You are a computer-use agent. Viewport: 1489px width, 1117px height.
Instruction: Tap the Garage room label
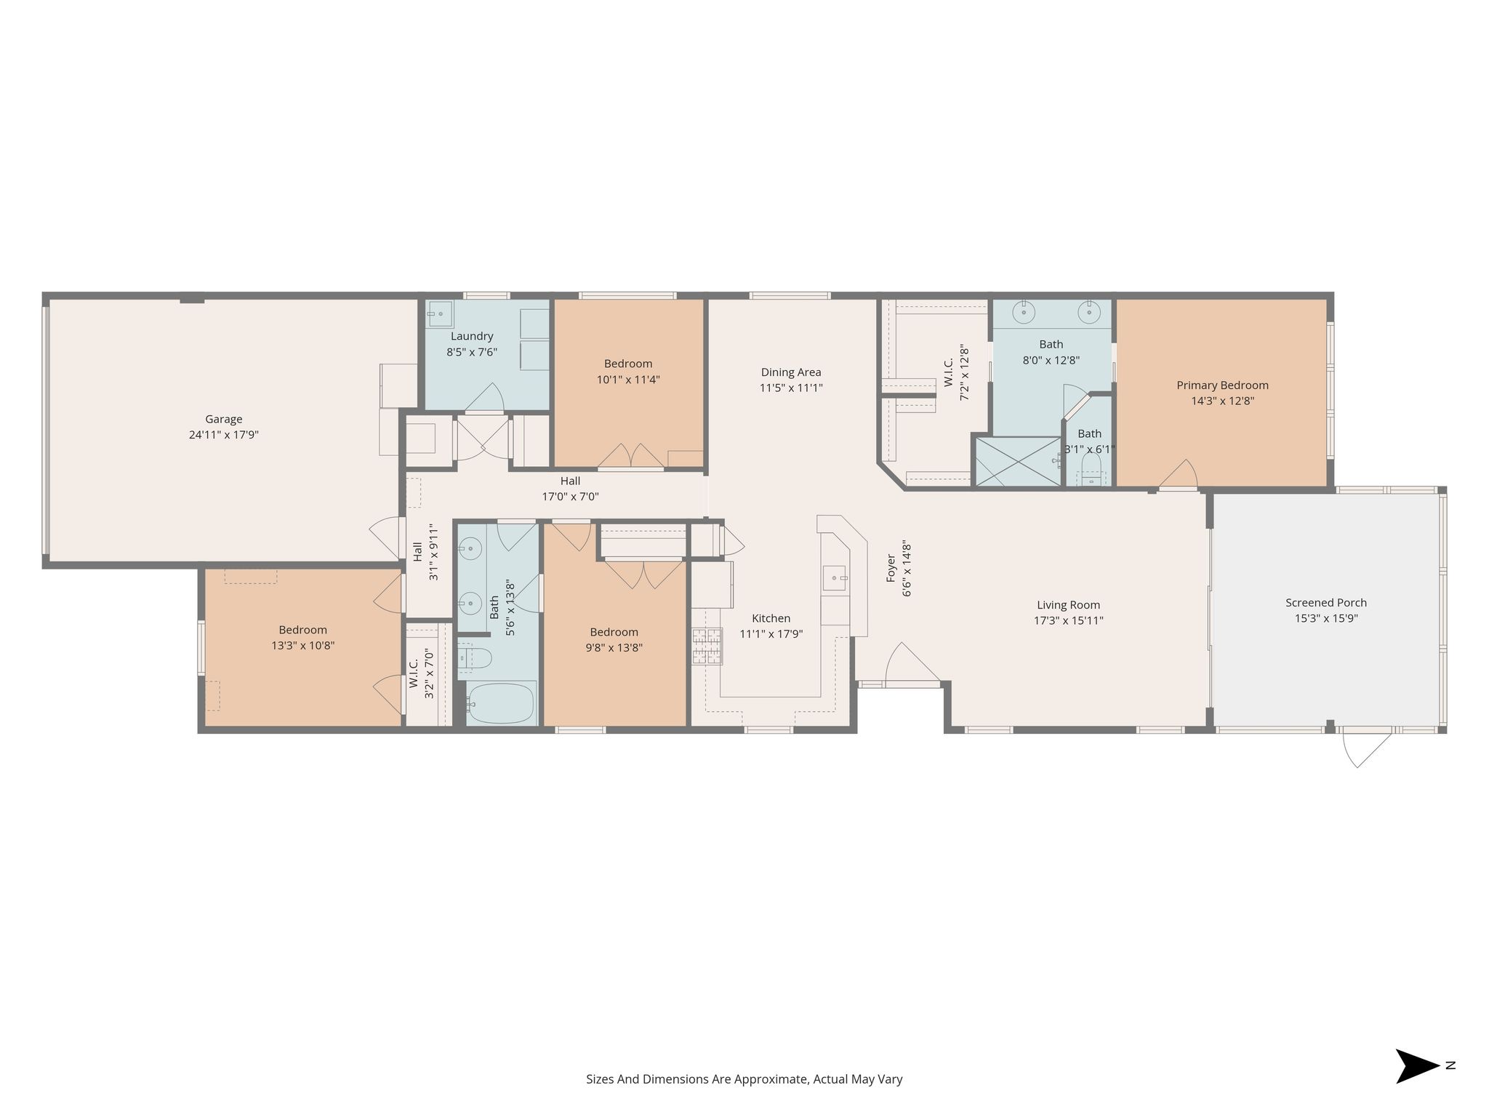pos(223,419)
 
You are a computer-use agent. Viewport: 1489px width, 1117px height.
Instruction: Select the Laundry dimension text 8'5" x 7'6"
pos(472,352)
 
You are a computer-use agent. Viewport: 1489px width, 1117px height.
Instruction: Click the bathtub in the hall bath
pos(500,703)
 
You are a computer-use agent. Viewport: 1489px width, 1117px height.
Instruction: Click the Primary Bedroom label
pos(1222,385)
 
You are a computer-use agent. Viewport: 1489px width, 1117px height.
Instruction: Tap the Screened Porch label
pos(1326,603)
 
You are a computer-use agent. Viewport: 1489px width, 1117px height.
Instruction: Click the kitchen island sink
pos(835,578)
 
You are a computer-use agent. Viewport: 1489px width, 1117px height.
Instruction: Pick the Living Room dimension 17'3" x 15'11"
pos(1069,620)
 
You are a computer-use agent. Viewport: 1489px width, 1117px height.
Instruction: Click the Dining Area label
pos(791,372)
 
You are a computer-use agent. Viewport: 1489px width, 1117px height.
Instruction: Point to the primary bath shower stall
pos(1018,461)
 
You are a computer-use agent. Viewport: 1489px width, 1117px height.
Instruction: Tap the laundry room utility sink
pos(439,314)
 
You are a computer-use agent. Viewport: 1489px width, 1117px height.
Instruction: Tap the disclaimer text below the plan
pos(744,1079)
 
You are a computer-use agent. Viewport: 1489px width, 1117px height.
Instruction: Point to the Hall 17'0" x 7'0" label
pos(570,489)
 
